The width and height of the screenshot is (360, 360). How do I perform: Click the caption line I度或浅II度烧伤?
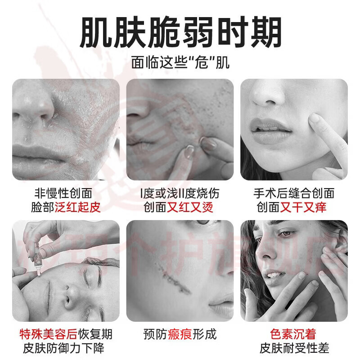click(180, 193)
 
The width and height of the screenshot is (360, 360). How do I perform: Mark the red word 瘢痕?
click(180, 334)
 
